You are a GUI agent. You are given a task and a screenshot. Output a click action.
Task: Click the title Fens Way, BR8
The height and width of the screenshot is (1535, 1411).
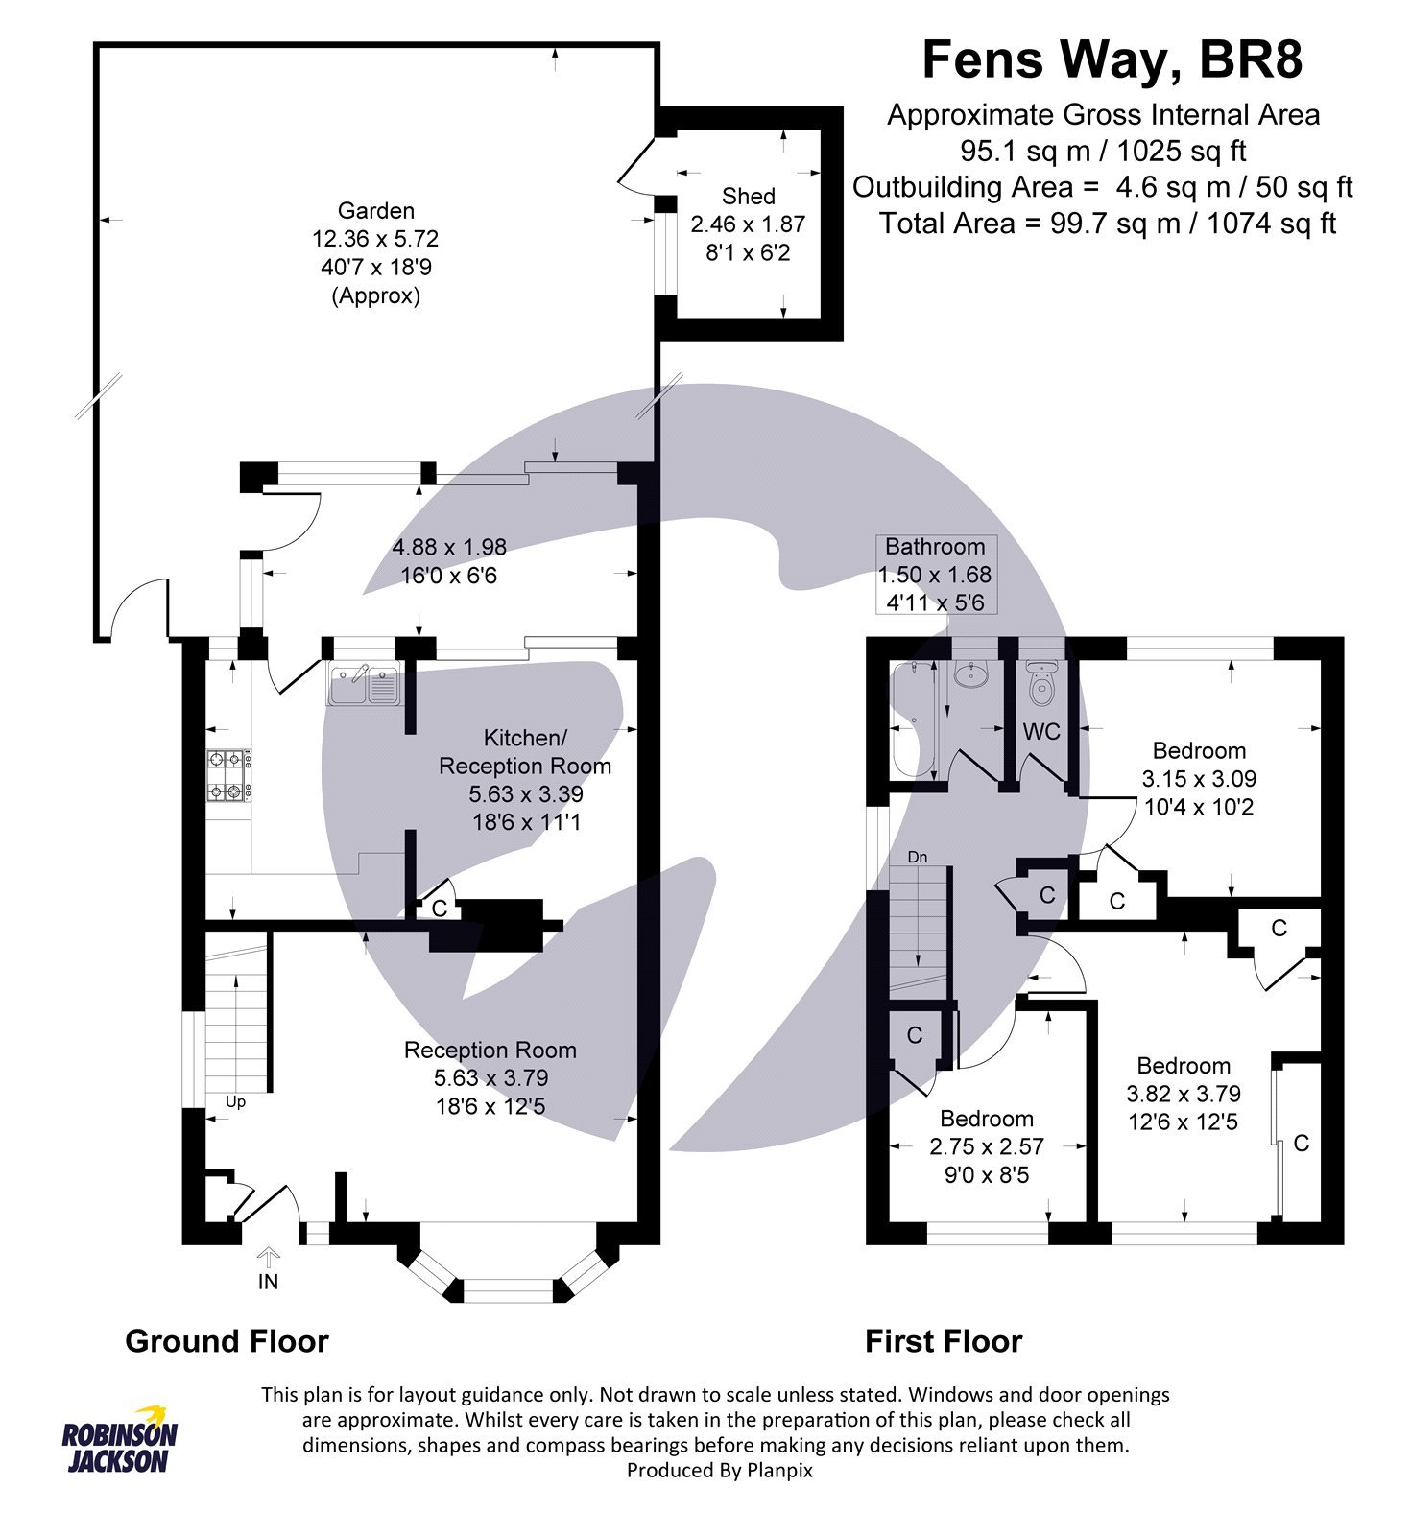[x=1112, y=59]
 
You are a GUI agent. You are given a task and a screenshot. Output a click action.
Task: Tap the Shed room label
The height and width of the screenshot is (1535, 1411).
[x=748, y=196]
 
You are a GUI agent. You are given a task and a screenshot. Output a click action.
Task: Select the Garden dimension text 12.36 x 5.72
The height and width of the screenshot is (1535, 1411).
[x=375, y=239]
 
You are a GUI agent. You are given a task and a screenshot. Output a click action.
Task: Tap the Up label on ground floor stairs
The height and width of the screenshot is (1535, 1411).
[x=235, y=1101]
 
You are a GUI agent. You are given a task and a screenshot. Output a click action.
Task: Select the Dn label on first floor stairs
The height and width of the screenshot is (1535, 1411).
[x=918, y=857]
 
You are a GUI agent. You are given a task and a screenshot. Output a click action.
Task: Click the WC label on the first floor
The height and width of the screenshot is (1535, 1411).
[x=1041, y=732]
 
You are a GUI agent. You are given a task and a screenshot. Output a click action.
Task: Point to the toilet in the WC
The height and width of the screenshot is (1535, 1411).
[x=1040, y=682]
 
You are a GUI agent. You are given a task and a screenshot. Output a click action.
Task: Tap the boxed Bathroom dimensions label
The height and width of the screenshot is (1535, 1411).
[x=935, y=574]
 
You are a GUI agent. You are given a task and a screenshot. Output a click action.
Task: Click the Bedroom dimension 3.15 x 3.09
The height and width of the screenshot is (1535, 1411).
[x=1199, y=779]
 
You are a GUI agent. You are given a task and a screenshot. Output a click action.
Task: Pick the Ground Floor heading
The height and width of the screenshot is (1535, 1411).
[x=227, y=1340]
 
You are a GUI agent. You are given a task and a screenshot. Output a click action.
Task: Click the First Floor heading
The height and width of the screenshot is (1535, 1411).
[x=944, y=1340]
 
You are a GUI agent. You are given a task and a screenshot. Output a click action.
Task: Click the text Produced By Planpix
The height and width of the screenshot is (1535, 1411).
[x=719, y=1470]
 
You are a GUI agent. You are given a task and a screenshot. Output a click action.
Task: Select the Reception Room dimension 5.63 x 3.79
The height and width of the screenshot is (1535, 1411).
[x=490, y=1078]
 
